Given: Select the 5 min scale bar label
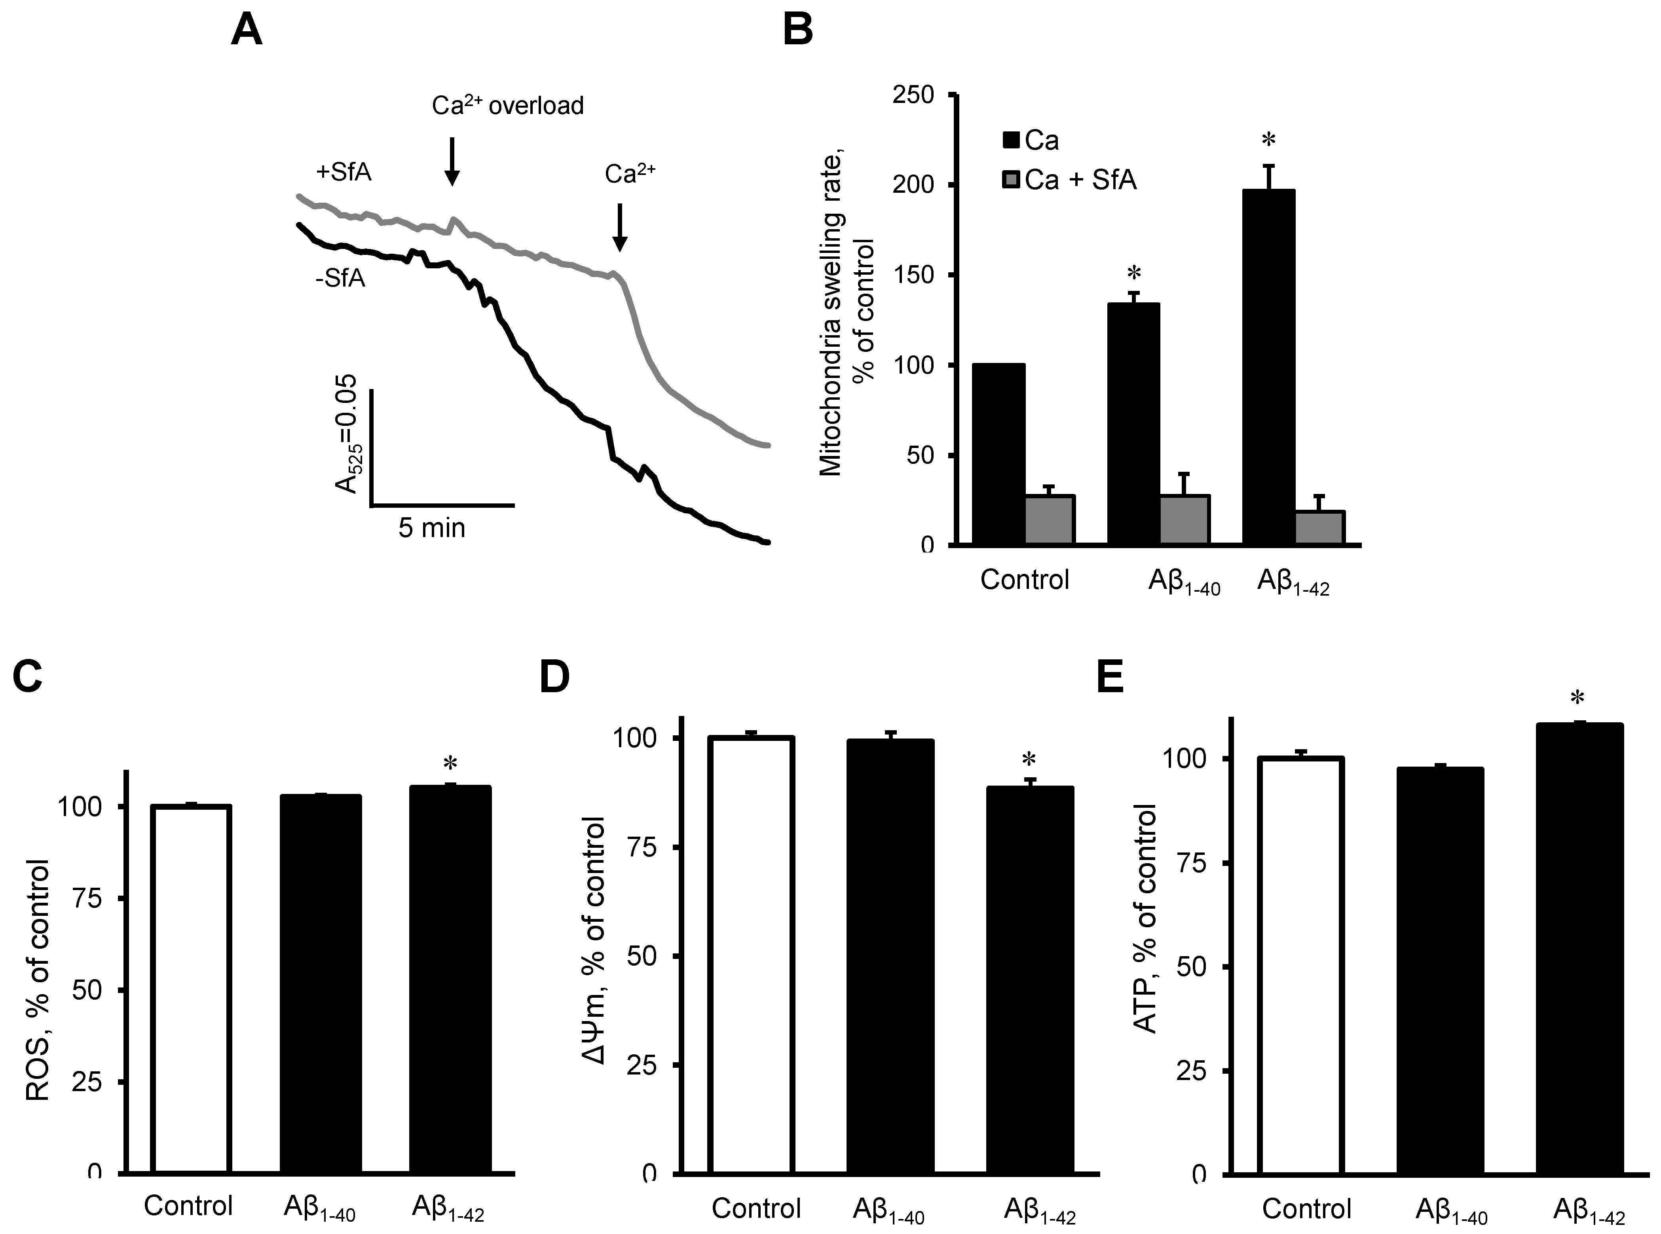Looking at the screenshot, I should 432,528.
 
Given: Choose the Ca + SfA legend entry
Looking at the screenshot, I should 1070,180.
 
